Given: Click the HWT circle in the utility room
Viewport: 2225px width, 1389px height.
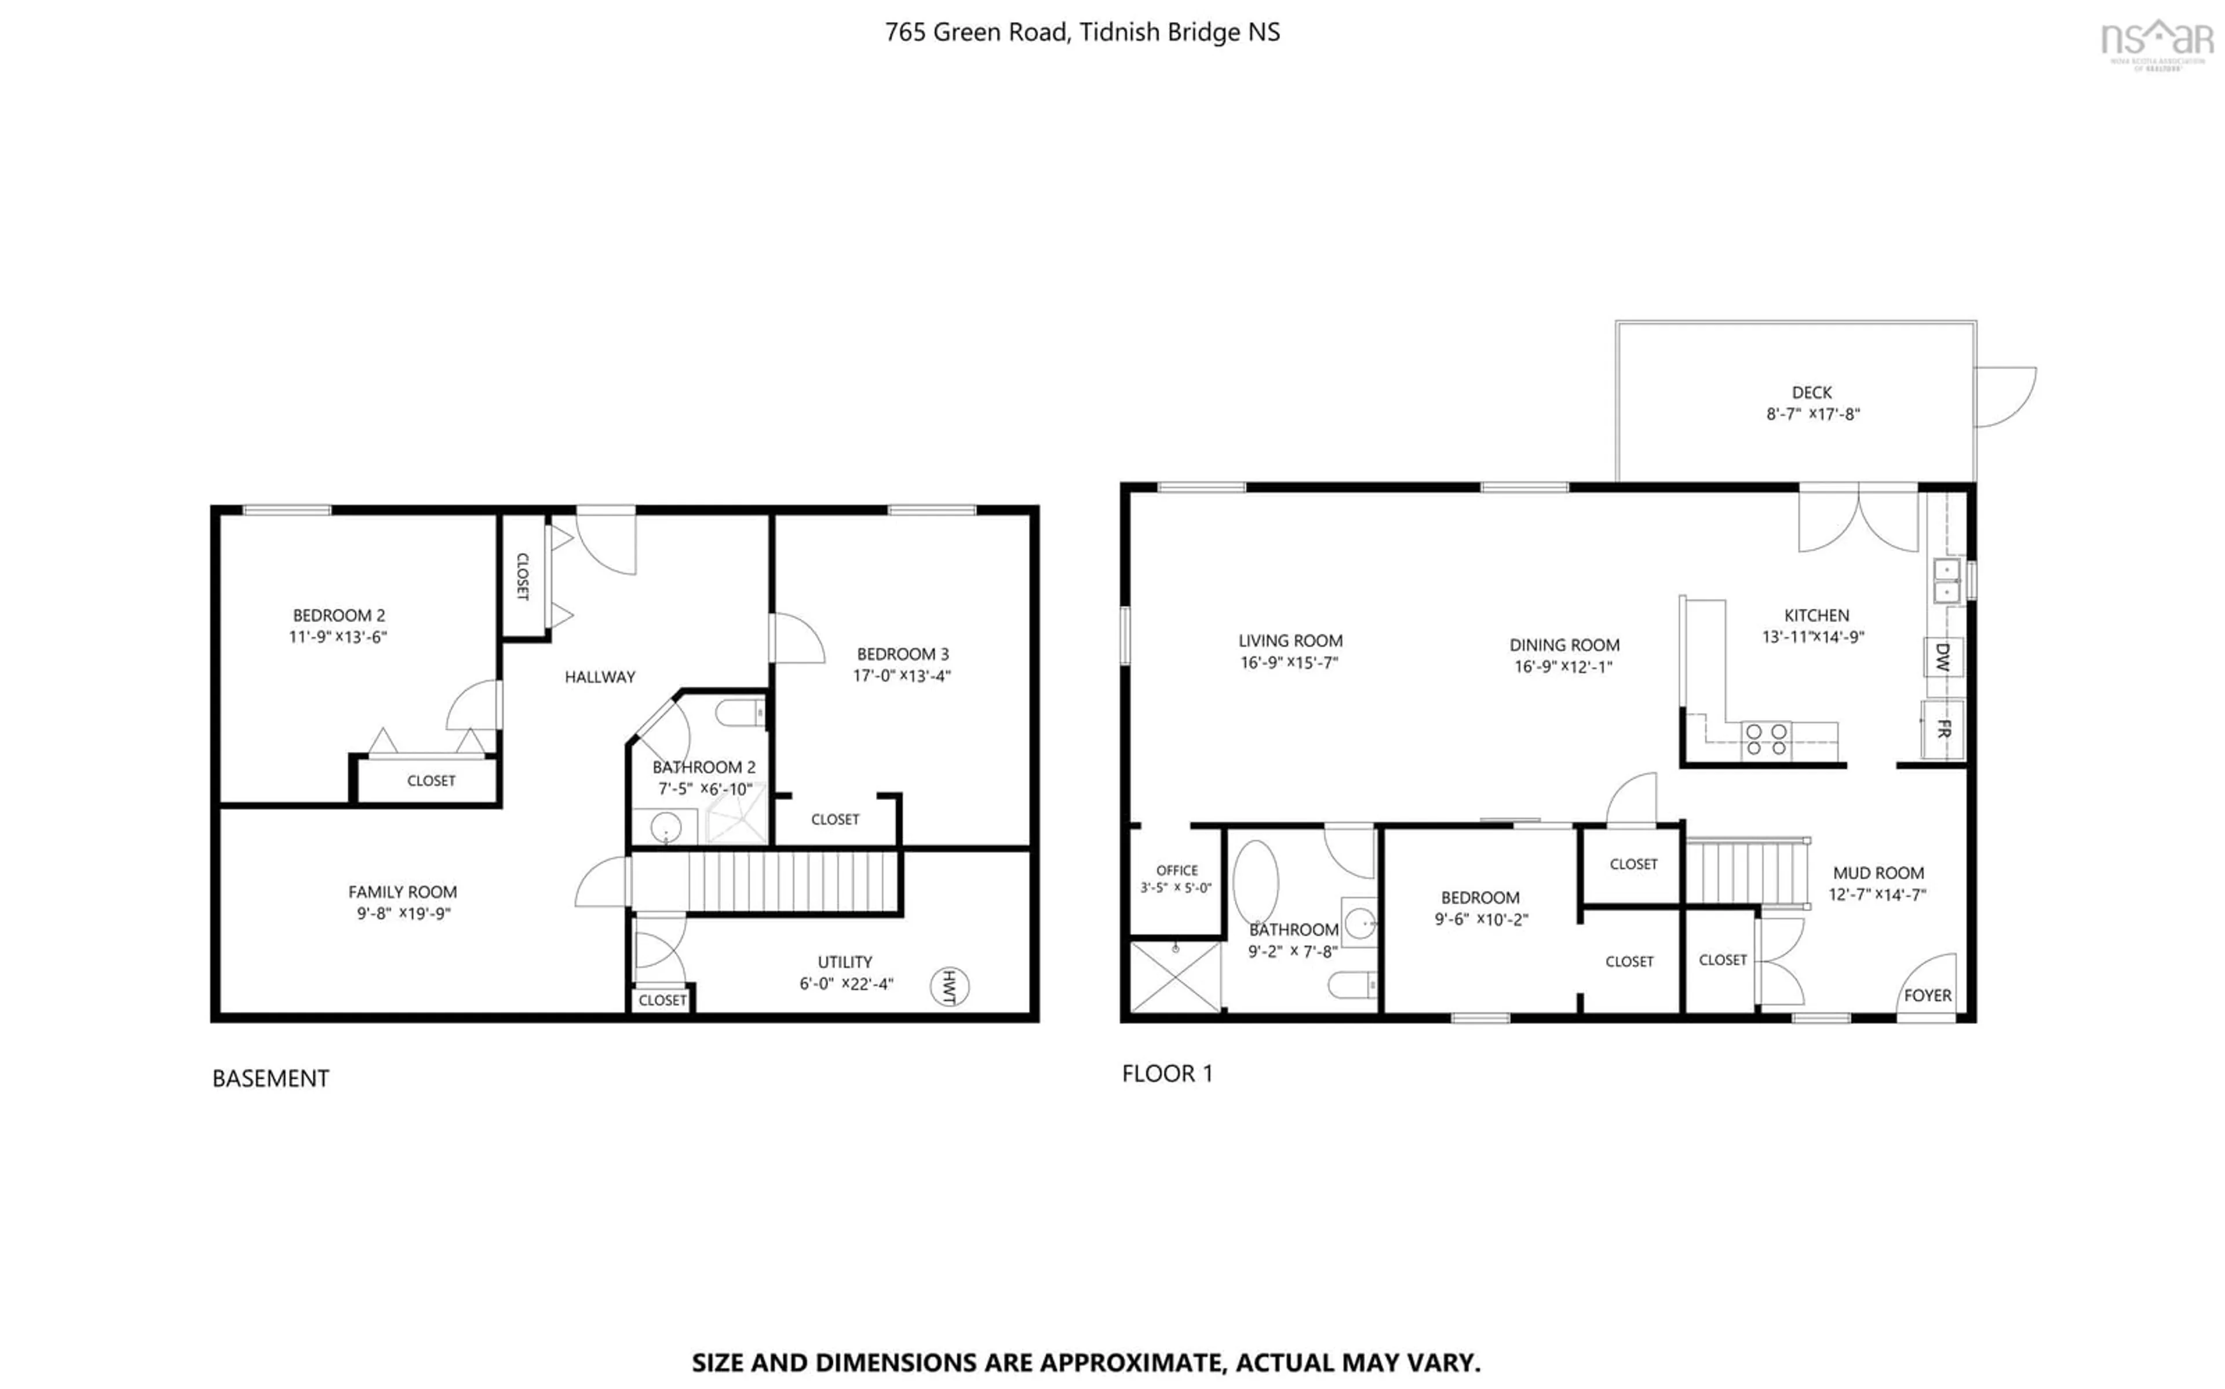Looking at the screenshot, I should click(x=949, y=986).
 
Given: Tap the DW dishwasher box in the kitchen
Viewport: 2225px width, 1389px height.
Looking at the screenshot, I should click(x=1942, y=657).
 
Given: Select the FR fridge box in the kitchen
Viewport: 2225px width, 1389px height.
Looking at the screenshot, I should click(x=1942, y=729).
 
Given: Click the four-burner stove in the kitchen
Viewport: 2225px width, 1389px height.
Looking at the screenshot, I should click(x=1766, y=740).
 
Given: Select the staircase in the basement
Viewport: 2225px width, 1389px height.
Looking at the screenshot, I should click(x=790, y=882).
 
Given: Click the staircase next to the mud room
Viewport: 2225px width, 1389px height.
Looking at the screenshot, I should click(x=1745, y=873).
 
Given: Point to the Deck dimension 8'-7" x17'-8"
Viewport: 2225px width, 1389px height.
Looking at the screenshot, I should click(x=1812, y=414).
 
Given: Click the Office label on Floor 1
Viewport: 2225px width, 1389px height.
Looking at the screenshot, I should click(x=1177, y=870).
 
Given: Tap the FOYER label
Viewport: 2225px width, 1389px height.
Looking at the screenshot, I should click(x=1927, y=995).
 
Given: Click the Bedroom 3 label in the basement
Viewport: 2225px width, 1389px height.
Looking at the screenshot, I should click(x=902, y=654).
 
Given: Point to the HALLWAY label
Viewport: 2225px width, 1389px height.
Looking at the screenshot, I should click(x=600, y=677).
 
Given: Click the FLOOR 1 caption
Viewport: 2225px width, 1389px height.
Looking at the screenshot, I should click(x=1167, y=1073).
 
